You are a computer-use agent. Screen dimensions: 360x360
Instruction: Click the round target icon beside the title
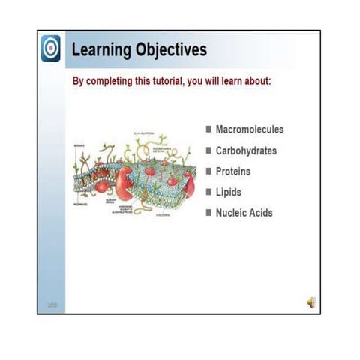[x=50, y=48]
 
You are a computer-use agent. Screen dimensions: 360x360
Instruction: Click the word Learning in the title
[x=100, y=50]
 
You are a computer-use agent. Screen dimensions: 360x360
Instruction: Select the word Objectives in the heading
[x=170, y=50]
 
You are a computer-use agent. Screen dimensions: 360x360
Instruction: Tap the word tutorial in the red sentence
[x=177, y=80]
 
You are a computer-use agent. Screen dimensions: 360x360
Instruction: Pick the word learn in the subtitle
[x=239, y=80]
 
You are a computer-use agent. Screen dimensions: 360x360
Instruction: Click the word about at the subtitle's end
[x=269, y=80]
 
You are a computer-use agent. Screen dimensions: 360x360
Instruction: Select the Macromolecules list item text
[x=250, y=130]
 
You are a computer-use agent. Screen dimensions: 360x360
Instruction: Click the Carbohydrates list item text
[x=246, y=151]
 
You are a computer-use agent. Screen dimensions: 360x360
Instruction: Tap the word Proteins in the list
[x=233, y=172]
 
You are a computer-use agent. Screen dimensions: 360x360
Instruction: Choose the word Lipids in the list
[x=229, y=192]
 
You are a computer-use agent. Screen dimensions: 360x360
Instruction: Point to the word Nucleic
[x=232, y=213]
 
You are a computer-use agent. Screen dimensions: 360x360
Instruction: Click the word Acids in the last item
[x=262, y=213]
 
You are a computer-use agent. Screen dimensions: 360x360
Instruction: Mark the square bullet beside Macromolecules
[x=208, y=130]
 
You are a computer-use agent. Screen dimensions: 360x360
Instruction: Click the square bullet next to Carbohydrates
[x=208, y=151]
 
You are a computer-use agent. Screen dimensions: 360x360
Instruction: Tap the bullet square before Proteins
[x=208, y=172]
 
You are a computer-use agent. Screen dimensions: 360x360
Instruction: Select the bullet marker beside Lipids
[x=208, y=192]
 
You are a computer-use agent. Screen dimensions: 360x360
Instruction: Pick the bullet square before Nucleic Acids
[x=208, y=213]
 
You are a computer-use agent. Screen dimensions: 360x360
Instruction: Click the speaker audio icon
[x=310, y=301]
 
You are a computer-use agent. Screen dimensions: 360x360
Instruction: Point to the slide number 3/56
[x=52, y=304]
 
